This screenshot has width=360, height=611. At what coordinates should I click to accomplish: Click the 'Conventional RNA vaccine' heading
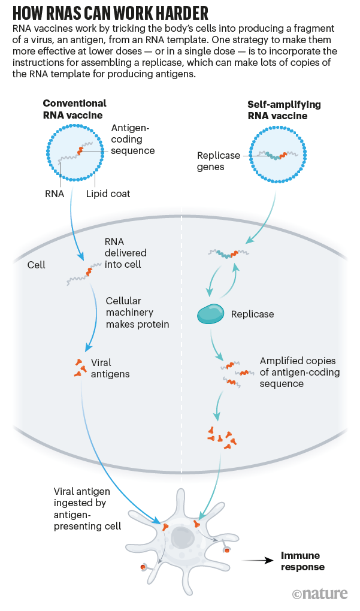[74, 109]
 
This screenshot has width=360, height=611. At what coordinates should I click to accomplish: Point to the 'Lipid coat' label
[108, 193]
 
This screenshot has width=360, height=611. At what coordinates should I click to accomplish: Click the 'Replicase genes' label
[218, 161]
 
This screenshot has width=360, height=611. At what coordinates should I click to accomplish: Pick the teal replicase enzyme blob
[210, 313]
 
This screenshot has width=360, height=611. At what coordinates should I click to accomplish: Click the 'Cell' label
[37, 264]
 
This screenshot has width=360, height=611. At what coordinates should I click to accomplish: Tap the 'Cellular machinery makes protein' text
[137, 312]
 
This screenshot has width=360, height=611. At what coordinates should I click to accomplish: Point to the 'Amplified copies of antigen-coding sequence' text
[300, 372]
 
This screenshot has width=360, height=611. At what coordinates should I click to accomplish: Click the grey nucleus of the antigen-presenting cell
[181, 536]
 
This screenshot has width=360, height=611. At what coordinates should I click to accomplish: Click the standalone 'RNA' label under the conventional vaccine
[55, 193]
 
